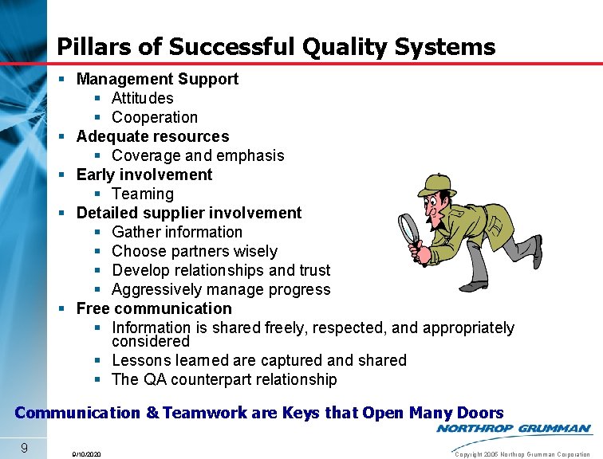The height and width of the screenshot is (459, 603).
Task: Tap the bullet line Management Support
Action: click(x=157, y=79)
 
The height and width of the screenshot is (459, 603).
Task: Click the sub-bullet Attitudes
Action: click(x=143, y=98)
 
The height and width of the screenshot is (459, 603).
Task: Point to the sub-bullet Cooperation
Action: click(x=155, y=117)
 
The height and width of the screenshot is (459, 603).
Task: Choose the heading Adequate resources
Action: click(x=152, y=136)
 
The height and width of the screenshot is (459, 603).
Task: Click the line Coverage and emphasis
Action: click(x=198, y=155)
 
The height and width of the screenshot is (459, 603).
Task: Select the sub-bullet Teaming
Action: click(x=143, y=194)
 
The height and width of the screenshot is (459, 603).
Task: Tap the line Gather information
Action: click(x=177, y=232)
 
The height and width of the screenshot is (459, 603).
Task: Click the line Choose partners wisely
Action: click(x=195, y=251)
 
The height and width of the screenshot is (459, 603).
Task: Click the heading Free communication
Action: click(x=154, y=308)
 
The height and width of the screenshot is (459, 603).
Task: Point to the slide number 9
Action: click(x=25, y=448)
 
